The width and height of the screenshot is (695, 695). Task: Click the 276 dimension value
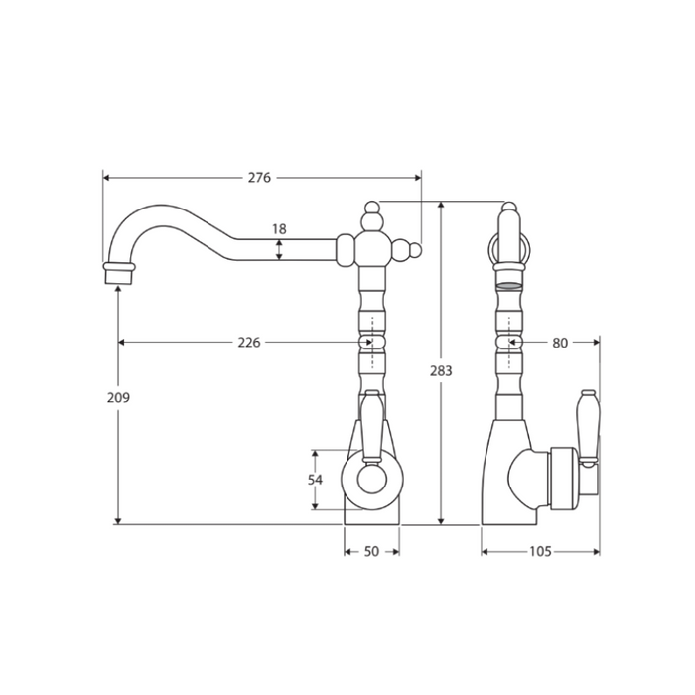tap(259, 178)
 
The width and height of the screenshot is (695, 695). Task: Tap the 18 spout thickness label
tap(279, 229)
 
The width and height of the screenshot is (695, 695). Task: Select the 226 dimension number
tap(249, 343)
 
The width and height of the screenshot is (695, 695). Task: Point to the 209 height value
tap(118, 397)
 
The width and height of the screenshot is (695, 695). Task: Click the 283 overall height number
tap(441, 370)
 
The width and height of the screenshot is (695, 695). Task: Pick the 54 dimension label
tap(315, 480)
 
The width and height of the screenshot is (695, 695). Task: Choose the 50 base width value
tap(372, 551)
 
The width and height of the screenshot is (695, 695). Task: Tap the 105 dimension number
tap(540, 551)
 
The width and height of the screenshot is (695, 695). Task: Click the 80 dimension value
tap(560, 343)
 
